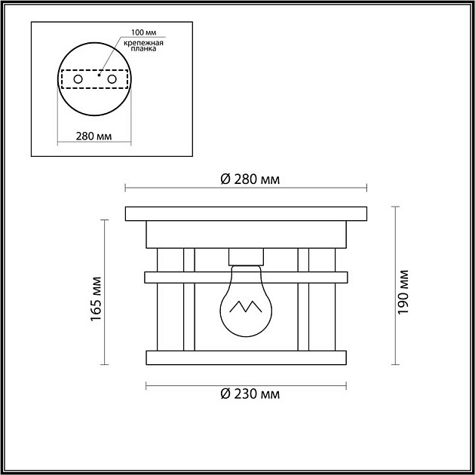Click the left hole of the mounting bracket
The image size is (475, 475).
pos(78,79)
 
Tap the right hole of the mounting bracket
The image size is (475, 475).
pos(112,79)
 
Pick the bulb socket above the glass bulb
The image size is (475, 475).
pos(246,256)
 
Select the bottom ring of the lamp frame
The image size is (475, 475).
pos(246,357)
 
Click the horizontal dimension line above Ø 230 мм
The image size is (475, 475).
pos(246,385)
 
